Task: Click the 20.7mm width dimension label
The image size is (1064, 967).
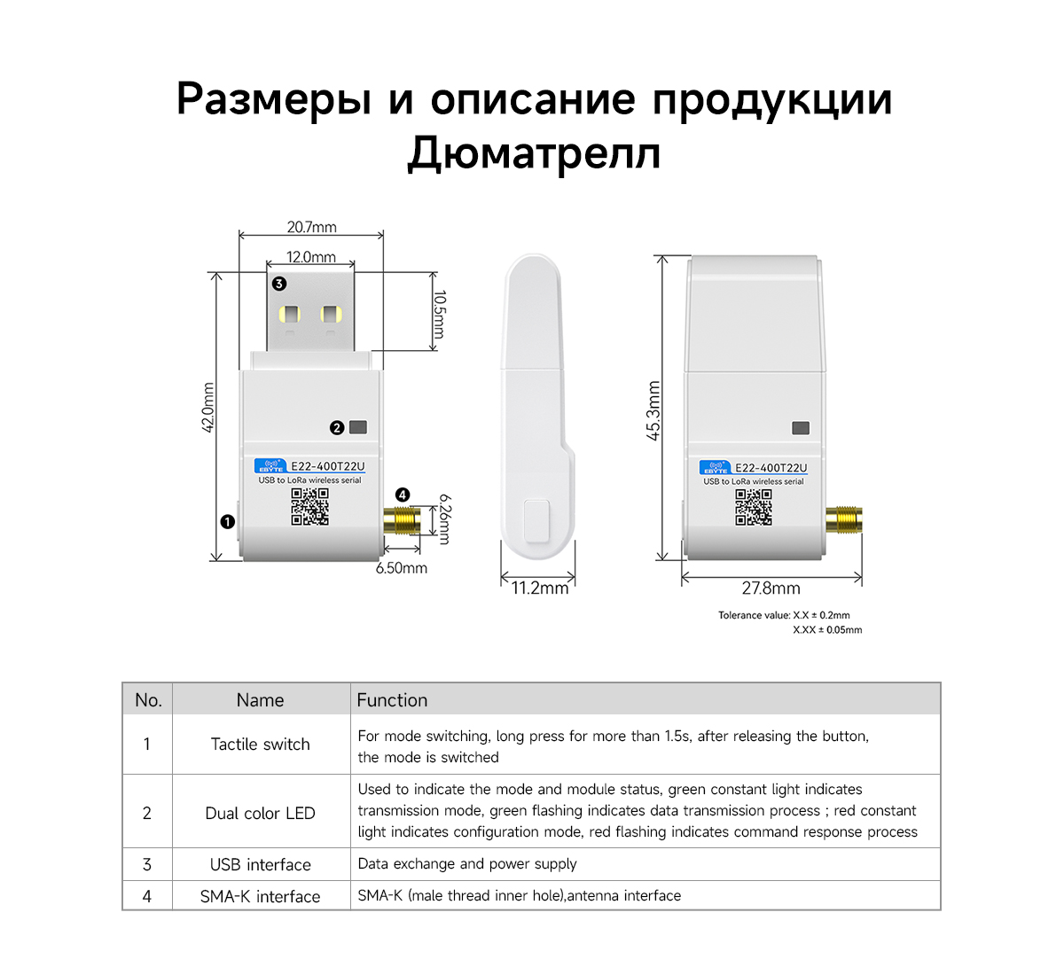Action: (x=311, y=227)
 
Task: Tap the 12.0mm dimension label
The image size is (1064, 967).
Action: (x=311, y=257)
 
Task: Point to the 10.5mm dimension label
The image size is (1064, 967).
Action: (x=439, y=315)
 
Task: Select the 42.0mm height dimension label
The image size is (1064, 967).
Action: (x=207, y=408)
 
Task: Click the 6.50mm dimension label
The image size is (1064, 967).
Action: (x=401, y=568)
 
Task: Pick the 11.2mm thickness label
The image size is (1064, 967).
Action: (x=539, y=588)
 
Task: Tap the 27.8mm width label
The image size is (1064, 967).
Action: (x=771, y=589)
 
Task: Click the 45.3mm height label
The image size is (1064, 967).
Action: (x=653, y=410)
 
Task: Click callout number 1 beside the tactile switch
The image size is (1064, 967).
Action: (x=228, y=522)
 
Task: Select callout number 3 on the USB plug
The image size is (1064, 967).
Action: (x=279, y=284)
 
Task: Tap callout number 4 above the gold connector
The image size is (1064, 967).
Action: (x=403, y=495)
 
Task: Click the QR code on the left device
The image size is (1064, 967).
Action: (x=309, y=507)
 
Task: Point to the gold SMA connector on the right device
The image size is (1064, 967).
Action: (x=843, y=519)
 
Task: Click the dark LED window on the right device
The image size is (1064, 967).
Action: (x=801, y=428)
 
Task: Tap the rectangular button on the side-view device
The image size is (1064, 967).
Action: (x=536, y=521)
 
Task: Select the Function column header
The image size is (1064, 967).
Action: (x=392, y=700)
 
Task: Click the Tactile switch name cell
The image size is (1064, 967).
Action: (x=261, y=745)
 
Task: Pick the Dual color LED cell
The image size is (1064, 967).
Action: (x=261, y=813)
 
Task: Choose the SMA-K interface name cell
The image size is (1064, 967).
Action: (x=261, y=896)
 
